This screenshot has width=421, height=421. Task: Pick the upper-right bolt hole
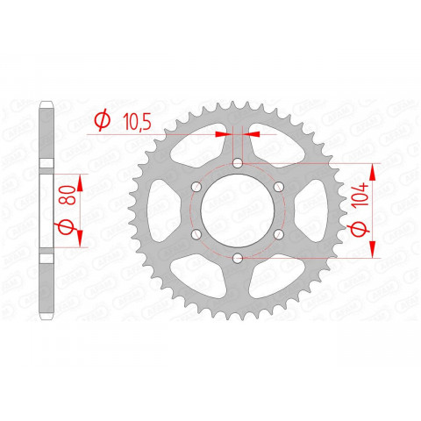coord(279,187)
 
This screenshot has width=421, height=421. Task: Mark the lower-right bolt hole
coord(279,233)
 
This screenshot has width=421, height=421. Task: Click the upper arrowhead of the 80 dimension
coord(81,179)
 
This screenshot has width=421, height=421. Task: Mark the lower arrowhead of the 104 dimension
coord(375,251)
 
